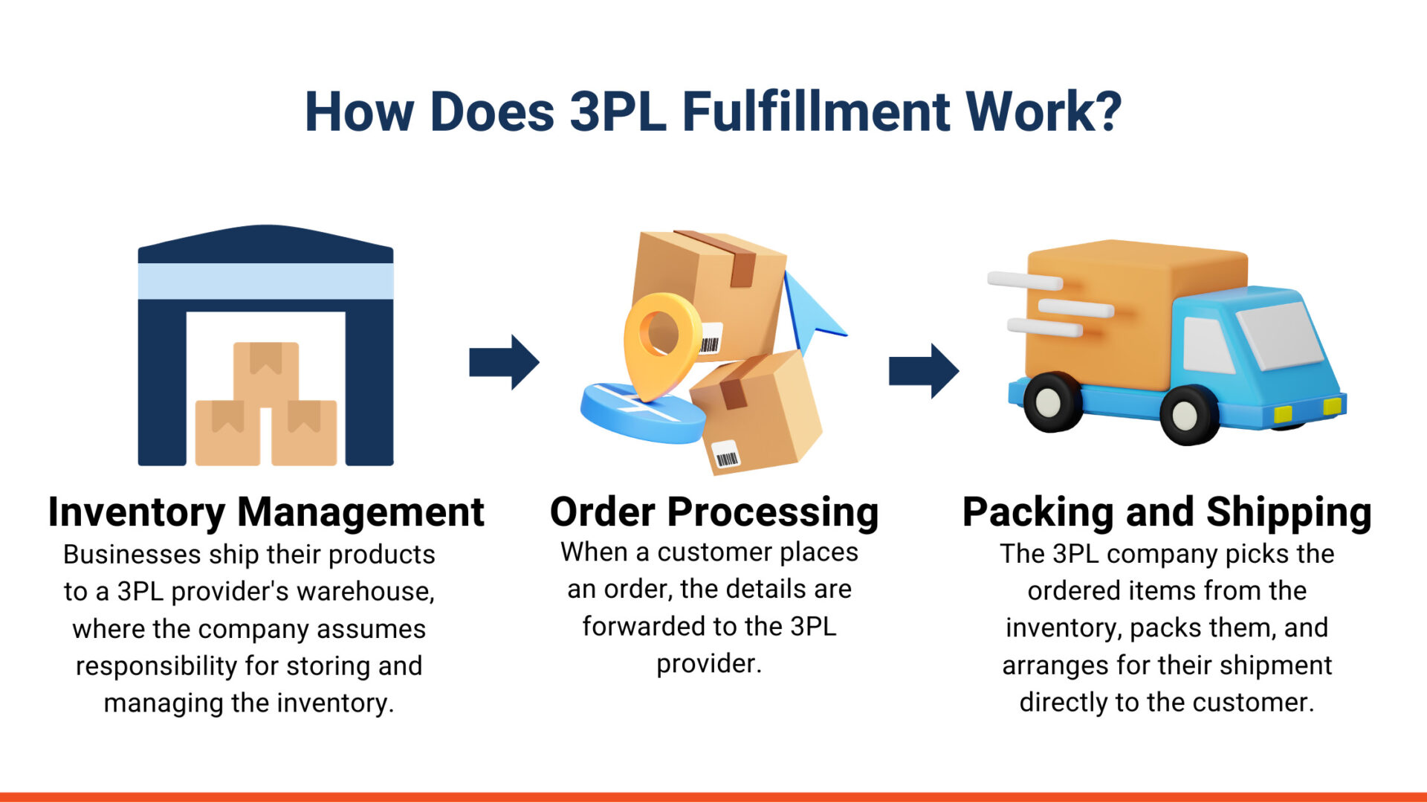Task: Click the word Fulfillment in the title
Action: tap(816, 112)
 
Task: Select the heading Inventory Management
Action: tap(266, 512)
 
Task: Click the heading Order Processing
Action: tap(713, 512)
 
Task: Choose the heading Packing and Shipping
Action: tap(1167, 512)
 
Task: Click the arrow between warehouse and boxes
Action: tap(504, 362)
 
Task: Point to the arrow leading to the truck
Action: tap(924, 370)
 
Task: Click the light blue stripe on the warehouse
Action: tap(266, 281)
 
